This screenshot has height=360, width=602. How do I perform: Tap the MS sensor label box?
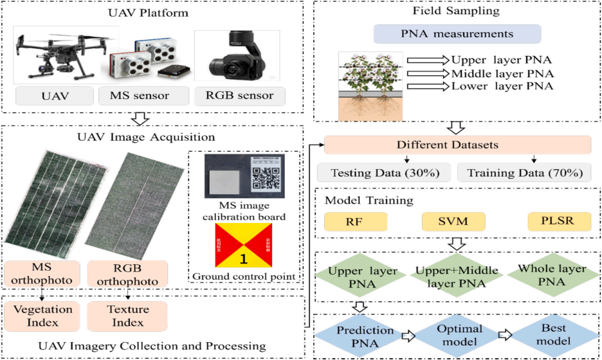pos(142,96)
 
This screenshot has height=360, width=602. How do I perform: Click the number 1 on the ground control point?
pos(243,259)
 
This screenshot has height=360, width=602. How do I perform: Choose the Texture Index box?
pos(127,315)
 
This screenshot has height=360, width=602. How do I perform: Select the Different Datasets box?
pos(457,145)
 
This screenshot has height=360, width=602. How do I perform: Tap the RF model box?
pos(356,222)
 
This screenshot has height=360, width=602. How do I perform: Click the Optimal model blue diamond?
pos(460,335)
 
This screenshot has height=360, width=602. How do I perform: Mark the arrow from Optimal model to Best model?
pos(507,334)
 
